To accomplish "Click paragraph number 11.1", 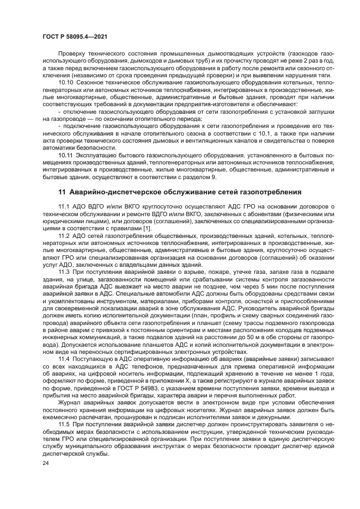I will [x=64, y=207].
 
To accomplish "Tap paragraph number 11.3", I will [x=64, y=271].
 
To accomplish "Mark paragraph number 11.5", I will [x=64, y=423].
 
